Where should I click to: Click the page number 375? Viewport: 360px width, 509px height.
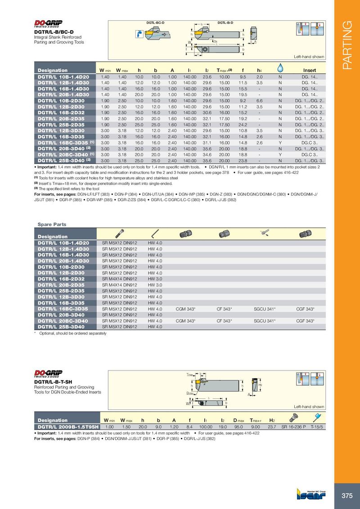tap(347, 496)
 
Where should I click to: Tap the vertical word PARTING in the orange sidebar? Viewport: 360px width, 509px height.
tap(347, 45)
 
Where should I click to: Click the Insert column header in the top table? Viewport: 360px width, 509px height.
tap(310, 70)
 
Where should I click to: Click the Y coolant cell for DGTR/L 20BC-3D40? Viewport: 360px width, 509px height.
tap(280, 154)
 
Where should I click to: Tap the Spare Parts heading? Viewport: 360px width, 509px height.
tap(52, 224)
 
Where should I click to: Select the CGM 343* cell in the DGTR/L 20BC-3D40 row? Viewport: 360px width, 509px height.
tap(185, 321)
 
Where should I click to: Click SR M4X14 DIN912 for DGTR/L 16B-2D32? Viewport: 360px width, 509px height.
tap(120, 279)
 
